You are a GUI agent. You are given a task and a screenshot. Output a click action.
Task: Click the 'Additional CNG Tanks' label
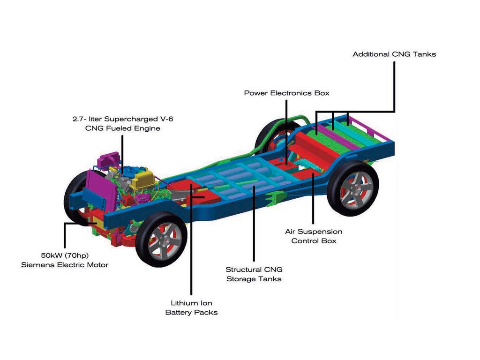coord(394,54)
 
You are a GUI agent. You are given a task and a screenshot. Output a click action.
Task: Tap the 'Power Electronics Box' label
coord(286,93)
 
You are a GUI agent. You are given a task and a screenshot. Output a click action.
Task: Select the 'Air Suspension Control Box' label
coord(314,236)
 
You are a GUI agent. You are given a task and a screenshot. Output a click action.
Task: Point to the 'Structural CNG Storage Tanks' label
coord(254,274)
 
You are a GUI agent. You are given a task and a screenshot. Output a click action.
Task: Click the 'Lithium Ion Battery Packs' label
coord(191,307)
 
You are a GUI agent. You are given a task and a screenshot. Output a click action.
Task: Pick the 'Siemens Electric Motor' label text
coord(65,265)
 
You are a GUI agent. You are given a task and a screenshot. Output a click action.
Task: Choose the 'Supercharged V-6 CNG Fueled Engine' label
coord(123,123)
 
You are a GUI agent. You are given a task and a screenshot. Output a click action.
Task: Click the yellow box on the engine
coord(142,180)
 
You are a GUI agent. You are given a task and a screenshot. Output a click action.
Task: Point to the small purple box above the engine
coord(109,159)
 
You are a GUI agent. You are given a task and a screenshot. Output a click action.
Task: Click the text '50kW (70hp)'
coord(65,255)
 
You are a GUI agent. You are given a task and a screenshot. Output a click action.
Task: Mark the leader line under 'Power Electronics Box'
coord(286,132)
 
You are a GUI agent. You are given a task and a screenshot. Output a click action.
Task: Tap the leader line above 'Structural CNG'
coord(254,223)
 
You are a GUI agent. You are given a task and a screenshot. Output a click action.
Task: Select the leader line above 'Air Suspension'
coord(313,199)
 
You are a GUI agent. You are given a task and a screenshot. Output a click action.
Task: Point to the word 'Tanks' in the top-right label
coord(424,54)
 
